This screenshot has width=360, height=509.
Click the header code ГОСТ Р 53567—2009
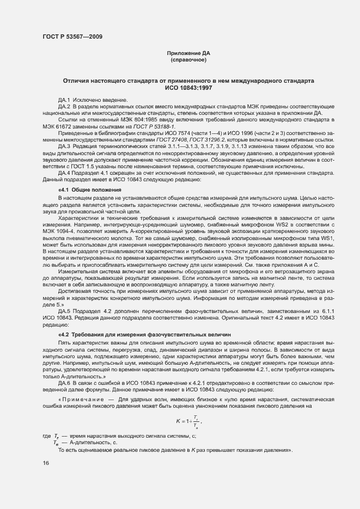tap(71, 36)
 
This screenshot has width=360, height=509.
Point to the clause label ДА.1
tap(64, 100)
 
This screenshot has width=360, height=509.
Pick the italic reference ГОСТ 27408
tap(157, 140)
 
